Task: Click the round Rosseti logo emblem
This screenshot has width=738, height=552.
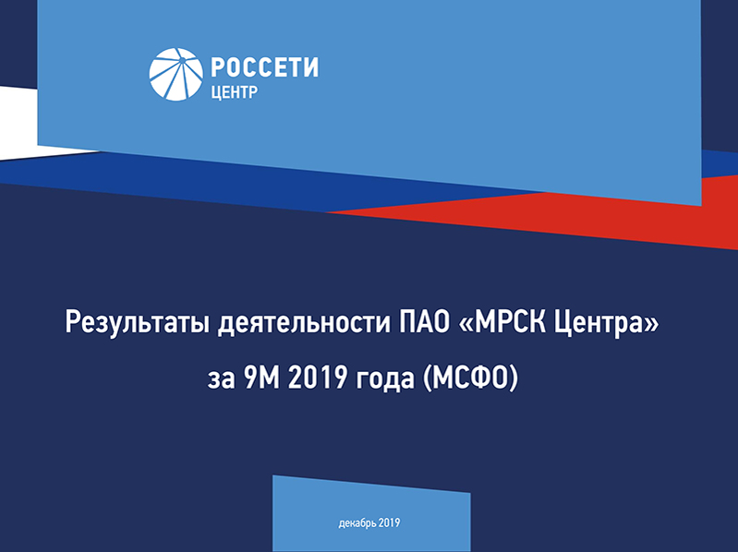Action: (x=176, y=74)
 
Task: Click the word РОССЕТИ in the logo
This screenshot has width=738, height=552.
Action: (x=264, y=67)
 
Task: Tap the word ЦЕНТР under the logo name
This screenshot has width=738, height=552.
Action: (x=235, y=92)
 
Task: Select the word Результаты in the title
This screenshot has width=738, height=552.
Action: (x=137, y=323)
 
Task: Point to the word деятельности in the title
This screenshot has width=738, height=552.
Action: (x=304, y=322)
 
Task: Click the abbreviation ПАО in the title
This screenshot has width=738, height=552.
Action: (x=425, y=322)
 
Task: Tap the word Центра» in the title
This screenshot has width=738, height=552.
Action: (x=607, y=323)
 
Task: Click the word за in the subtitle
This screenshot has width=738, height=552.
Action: (x=221, y=379)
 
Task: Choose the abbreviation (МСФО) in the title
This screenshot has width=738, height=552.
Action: (x=471, y=378)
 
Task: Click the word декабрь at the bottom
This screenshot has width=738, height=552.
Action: (x=357, y=523)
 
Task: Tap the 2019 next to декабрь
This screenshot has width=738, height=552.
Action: (x=389, y=522)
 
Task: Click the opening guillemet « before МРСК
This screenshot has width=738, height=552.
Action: (x=466, y=324)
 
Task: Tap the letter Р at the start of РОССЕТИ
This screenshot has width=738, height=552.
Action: (x=217, y=67)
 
